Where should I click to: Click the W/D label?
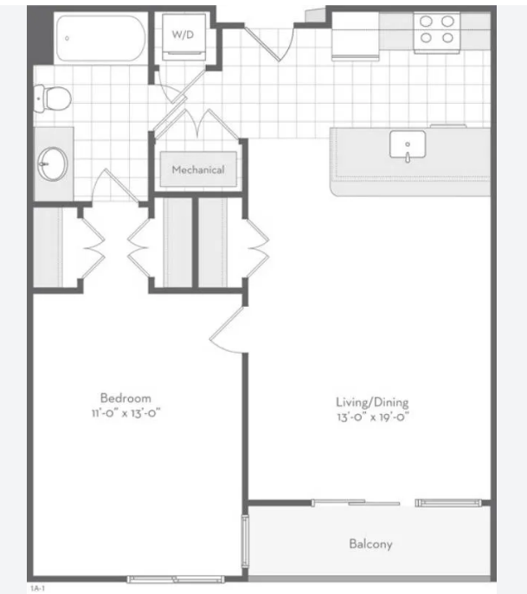point(183,35)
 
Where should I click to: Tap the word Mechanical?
point(198,169)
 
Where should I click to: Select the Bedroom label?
point(125,398)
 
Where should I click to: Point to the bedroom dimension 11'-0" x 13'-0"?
point(125,413)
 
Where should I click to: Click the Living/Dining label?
point(372,402)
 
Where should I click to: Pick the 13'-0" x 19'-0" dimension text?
point(373,417)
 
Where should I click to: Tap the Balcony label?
point(370,545)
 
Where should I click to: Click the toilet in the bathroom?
point(52,99)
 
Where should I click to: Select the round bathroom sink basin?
point(53,164)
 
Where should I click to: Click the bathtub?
point(101,38)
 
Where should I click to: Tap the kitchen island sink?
point(408,145)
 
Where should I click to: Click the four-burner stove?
point(437,32)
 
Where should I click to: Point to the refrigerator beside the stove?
point(356,35)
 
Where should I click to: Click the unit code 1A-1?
point(37,588)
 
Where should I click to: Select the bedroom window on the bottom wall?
point(176,579)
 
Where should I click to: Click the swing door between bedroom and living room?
point(227,330)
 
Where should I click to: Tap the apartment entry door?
point(270,43)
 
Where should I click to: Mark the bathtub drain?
point(67,38)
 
